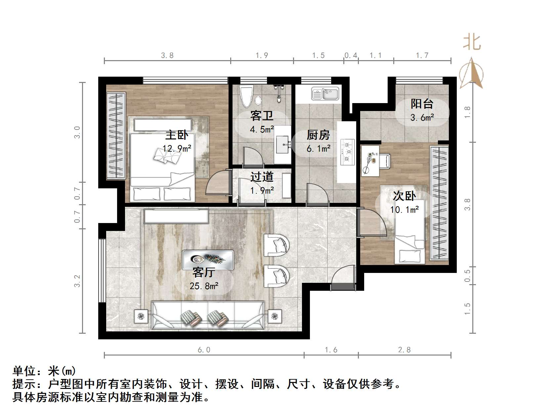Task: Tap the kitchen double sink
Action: [325, 94]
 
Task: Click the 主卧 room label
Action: [177, 135]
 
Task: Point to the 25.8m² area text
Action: [204, 286]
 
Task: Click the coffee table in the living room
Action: [208, 260]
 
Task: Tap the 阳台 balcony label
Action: [422, 104]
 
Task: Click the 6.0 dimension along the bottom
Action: [204, 350]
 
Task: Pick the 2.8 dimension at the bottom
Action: [404, 350]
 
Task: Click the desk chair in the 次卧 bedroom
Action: [386, 161]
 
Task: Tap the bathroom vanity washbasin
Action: [283, 144]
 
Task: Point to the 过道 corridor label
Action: [262, 177]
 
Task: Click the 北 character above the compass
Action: [472, 43]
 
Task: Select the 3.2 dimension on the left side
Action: [77, 281]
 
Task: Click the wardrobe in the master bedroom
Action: [116, 136]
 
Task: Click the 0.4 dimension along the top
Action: [351, 55]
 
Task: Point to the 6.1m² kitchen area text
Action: [318, 149]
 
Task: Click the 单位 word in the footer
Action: [24, 371]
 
